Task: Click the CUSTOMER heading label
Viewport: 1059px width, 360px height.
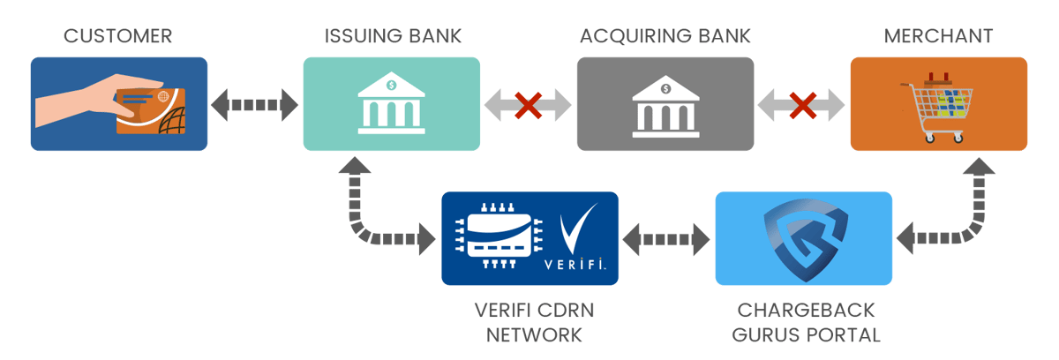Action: pos(118,36)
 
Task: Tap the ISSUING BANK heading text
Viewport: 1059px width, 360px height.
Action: pos(392,36)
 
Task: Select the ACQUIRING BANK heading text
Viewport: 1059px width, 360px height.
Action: pos(665,36)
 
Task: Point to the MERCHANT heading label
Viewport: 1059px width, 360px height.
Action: pos(938,36)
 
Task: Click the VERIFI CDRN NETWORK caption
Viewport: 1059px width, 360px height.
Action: pos(529,324)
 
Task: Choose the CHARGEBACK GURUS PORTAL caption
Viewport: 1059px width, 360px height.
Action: pos(803,324)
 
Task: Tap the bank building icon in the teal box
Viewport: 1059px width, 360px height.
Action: pos(391,106)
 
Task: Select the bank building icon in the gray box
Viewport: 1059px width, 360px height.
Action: pos(665,106)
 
